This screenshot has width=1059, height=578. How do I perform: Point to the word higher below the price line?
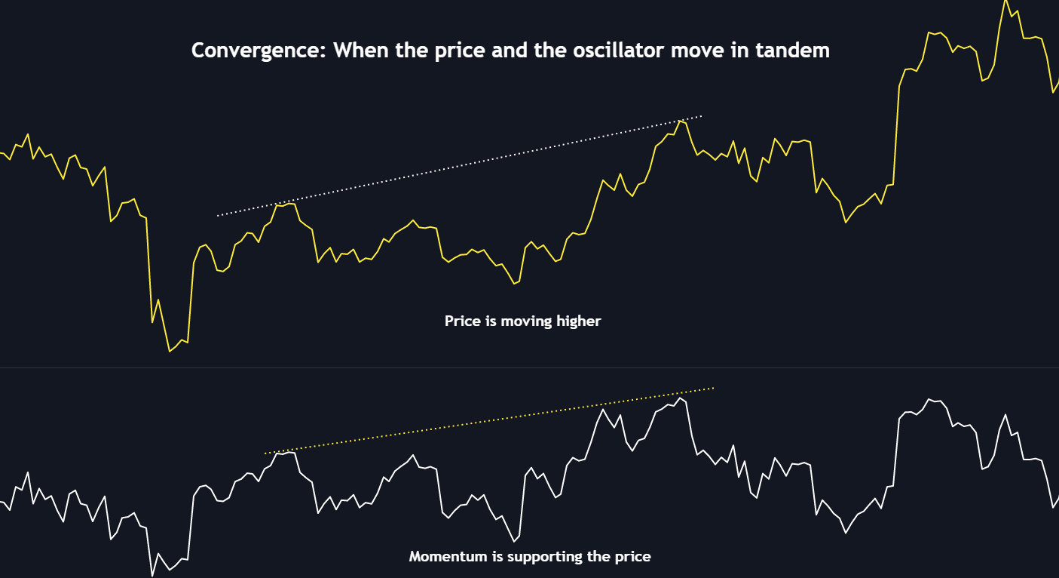pos(578,321)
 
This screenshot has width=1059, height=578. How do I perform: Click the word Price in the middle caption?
pos(462,321)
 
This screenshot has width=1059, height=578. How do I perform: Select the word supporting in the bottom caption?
pos(540,557)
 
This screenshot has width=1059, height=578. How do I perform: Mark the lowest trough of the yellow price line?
pos(170,352)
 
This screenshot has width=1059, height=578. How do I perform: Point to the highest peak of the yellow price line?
pos(1005,1)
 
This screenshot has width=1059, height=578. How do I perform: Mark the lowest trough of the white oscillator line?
pos(152,576)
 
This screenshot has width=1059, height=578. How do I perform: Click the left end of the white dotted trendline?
pos(218,216)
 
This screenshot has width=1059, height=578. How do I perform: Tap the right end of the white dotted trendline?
pos(701,116)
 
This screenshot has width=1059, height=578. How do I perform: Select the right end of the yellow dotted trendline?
pos(712,389)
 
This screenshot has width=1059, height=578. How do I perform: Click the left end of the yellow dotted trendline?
pos(265,453)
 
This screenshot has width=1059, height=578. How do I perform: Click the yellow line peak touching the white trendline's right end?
pos(680,120)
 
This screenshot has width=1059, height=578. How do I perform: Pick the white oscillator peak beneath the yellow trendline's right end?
pos(680,398)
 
